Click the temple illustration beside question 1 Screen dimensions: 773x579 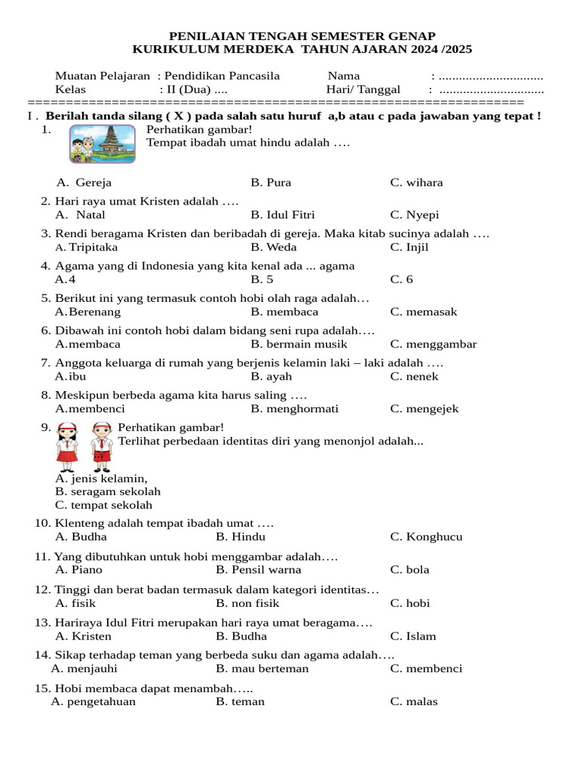(x=103, y=143)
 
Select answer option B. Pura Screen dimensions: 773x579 (x=271, y=183)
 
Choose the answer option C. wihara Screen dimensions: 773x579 (x=416, y=183)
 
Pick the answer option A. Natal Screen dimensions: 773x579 (x=80, y=215)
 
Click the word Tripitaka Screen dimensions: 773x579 (x=93, y=248)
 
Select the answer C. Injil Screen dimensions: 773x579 (x=409, y=248)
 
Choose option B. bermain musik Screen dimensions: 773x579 (x=299, y=344)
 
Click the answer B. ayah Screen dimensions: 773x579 (x=271, y=377)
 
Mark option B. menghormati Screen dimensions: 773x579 (x=295, y=409)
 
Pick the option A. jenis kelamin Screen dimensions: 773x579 (x=101, y=478)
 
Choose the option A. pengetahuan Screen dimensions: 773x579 (x=93, y=702)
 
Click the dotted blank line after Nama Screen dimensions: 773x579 (x=491, y=76)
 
